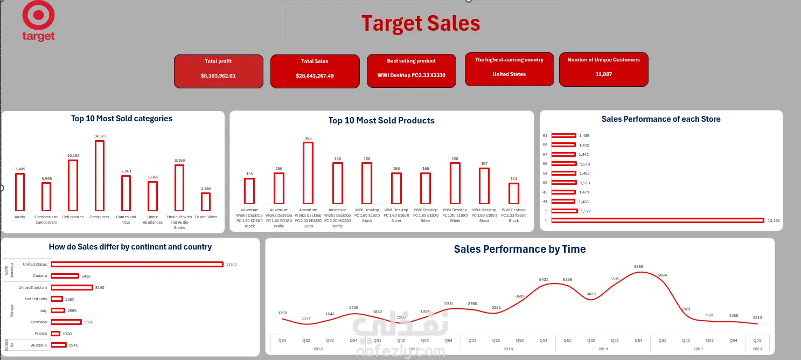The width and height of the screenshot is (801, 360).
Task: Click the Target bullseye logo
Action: (38, 15)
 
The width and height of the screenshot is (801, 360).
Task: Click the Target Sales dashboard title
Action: (421, 23)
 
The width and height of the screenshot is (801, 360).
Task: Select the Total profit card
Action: (219, 71)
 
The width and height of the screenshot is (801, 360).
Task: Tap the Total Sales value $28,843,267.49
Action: (315, 76)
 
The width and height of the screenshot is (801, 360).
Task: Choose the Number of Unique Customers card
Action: (603, 70)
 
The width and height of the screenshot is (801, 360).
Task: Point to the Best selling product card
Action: (412, 71)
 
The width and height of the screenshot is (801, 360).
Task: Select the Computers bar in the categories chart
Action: (100, 175)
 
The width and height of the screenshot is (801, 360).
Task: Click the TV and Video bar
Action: (206, 202)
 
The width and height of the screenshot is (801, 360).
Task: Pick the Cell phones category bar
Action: (73, 185)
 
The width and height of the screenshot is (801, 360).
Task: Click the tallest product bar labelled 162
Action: (308, 176)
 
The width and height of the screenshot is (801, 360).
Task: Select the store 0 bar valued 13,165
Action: (657, 220)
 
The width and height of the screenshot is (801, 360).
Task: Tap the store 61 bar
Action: (563, 135)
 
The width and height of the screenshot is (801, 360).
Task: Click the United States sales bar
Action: (137, 264)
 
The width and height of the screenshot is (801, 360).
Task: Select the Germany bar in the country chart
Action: (66, 322)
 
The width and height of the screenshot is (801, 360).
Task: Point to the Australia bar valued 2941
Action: (59, 345)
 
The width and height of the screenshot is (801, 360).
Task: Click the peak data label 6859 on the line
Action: (639, 267)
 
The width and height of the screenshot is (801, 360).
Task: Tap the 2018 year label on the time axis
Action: (507, 349)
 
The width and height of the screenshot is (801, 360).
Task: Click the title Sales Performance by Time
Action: (519, 249)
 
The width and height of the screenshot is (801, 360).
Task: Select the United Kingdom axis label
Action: (33, 287)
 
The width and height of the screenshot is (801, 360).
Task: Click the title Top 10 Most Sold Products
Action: (381, 120)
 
